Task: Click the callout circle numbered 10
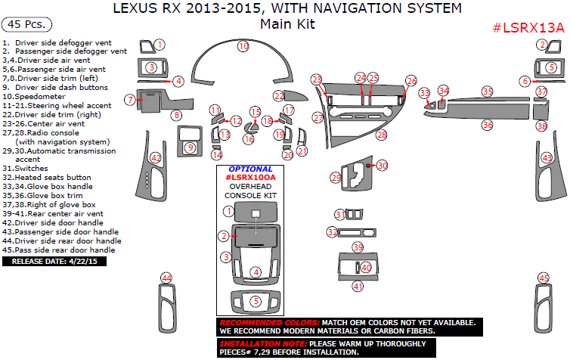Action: [x=243, y=46]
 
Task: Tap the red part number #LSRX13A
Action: [x=528, y=28]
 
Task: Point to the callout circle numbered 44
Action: [x=166, y=278]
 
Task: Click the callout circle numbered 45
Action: [x=543, y=278]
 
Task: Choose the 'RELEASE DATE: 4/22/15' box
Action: [x=54, y=261]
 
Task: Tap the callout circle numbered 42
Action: [x=156, y=158]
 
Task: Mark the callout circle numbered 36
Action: [x=488, y=125]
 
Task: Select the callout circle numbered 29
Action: [x=336, y=177]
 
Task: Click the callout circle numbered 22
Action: [x=279, y=96]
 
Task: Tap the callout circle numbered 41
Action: [x=358, y=286]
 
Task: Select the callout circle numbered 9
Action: [x=191, y=147]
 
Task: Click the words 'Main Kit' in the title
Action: [x=287, y=24]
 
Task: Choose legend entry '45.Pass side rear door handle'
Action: [x=59, y=250]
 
